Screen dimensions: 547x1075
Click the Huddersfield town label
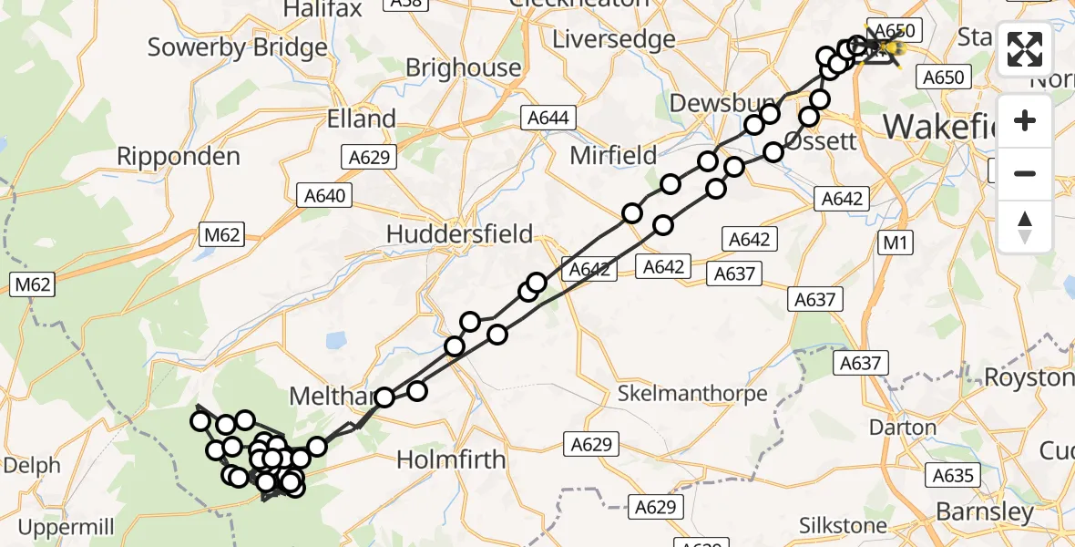pos(459,233)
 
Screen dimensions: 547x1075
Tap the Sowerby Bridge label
pos(237,47)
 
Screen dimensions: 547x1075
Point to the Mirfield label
pos(613,155)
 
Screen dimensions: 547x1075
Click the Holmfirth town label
pos(450,459)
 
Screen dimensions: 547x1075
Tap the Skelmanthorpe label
pos(692,394)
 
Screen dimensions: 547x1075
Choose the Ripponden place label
pos(178,156)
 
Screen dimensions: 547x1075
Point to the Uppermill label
pos(65,527)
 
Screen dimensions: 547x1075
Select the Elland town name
pos(362,119)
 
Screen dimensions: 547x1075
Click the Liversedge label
pos(614,39)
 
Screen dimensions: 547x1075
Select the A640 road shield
pos(325,194)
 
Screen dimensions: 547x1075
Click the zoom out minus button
pos(1025,173)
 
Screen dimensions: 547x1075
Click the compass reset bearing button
pos(1025,226)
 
